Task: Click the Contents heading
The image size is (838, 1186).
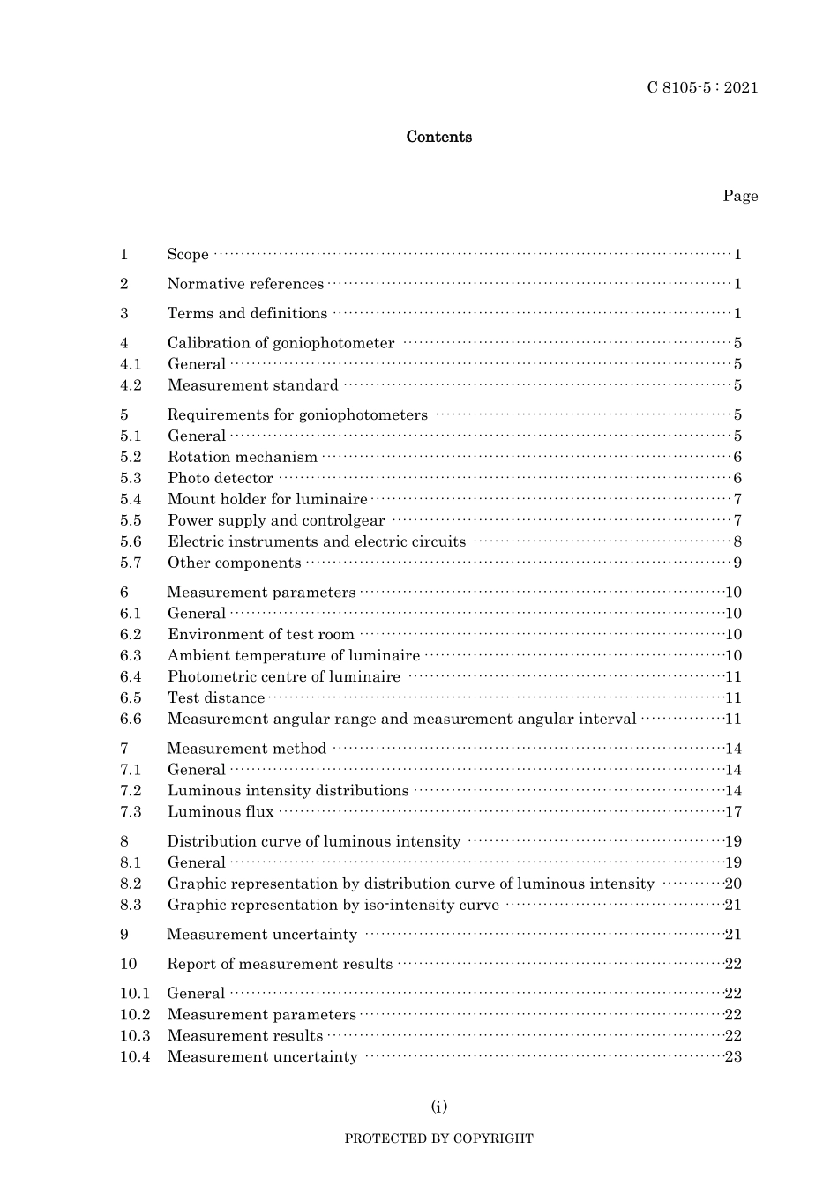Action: point(438,137)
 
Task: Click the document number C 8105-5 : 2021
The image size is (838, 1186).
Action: point(702,87)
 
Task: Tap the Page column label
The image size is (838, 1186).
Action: point(740,196)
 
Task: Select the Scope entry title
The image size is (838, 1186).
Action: point(188,255)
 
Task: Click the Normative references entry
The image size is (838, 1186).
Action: point(245,284)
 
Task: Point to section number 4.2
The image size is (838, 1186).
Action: point(131,385)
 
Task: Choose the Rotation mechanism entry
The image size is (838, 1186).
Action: point(243,457)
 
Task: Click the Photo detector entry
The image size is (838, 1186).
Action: point(221,478)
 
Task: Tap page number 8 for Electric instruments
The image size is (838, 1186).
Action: point(737,542)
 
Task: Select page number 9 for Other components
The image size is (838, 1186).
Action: point(737,563)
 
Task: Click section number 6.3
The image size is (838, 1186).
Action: point(131,655)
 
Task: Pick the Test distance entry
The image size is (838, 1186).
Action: point(216,697)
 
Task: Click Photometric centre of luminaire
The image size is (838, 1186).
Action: point(284,676)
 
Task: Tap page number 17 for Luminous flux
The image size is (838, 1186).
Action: point(733,812)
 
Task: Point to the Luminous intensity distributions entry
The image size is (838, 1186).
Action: point(288,791)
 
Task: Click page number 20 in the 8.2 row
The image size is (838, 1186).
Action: point(733,884)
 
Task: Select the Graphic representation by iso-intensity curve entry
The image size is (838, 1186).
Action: point(333,905)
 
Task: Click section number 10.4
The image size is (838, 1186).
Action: point(135,1057)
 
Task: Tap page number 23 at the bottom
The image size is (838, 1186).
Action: point(733,1057)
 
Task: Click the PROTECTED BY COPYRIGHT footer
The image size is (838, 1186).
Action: point(438,1138)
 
